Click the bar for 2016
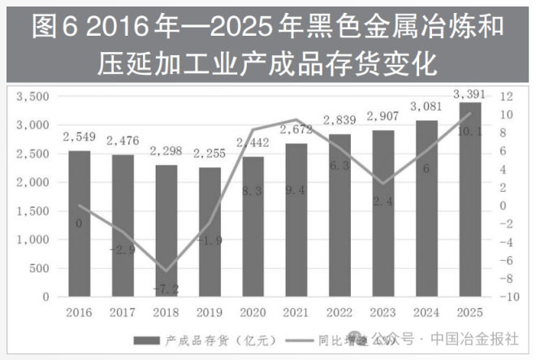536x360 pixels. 79,223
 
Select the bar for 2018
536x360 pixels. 166,231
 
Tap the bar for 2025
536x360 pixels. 470,200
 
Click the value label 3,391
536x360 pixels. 470,93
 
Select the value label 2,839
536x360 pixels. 339,120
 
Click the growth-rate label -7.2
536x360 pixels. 166,288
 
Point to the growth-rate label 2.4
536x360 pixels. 383,201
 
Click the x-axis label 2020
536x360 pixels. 253,311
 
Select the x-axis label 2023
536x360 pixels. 383,311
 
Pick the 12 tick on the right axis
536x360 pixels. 506,97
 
